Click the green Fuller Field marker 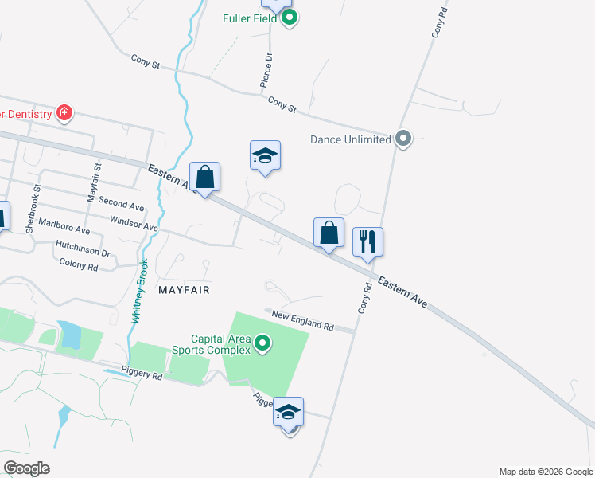tap(290, 17)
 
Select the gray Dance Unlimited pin tap(403, 139)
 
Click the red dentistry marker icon tap(64, 114)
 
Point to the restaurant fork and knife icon tap(367, 241)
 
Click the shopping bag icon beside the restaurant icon tap(329, 233)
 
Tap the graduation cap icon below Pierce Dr tap(265, 155)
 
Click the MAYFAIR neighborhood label tap(184, 290)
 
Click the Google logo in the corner tap(26, 468)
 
